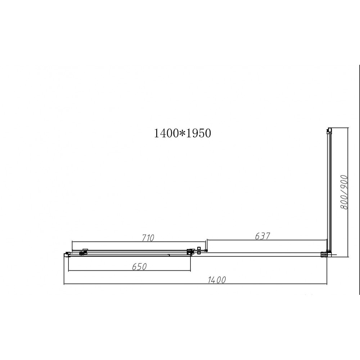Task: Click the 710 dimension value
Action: coord(148,238)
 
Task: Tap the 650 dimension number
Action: coord(139,266)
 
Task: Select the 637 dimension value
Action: coord(262,236)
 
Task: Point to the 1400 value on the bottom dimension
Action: coord(217,280)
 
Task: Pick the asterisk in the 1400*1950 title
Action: coord(182,134)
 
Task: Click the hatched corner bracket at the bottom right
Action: coord(324,254)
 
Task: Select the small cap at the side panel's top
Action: coord(329,130)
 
